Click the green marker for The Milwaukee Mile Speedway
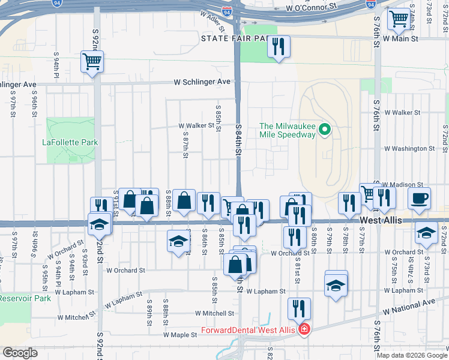point(325,129)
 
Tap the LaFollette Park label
point(70,143)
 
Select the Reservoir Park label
point(25,298)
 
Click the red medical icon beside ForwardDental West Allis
point(305,329)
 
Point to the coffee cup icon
point(420,198)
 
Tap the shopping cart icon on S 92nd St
point(92,61)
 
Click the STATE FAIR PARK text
point(234,38)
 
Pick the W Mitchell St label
point(214,313)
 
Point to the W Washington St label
point(409,148)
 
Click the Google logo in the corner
point(20,353)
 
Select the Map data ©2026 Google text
point(412,355)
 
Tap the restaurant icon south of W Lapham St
point(298,308)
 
